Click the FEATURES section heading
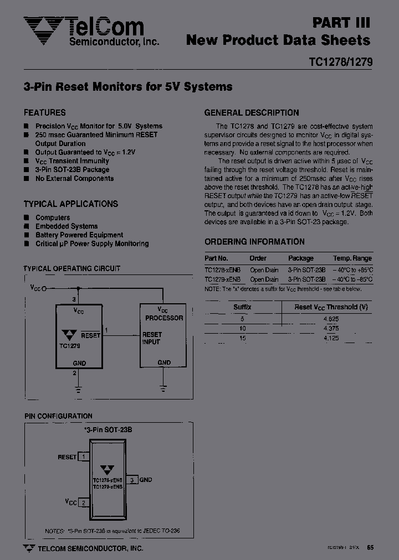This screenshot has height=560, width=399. coord(44,112)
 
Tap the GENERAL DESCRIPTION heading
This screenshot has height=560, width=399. coord(252,113)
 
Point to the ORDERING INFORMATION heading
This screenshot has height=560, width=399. coord(254,242)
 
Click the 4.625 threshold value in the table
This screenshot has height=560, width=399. coord(331,319)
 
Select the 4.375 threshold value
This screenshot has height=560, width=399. coord(331,328)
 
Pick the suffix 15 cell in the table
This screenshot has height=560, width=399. coord(242,338)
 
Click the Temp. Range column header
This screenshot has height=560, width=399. coord(352,258)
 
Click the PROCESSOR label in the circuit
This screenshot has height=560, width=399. coord(164,318)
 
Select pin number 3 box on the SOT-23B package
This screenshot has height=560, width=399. coord(132,480)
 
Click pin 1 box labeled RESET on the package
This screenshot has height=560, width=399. coord(83,457)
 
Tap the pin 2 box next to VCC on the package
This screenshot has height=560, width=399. coord(83,502)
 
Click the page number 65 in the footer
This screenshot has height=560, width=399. coord(370,548)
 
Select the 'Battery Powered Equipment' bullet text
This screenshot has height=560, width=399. coord(79,235)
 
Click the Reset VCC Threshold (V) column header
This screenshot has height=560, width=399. coord(331,307)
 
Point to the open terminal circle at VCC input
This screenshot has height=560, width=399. coord(44,288)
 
